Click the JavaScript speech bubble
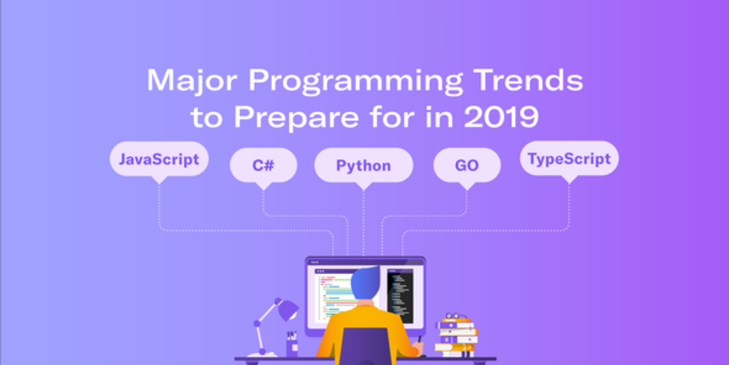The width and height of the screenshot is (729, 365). [x=159, y=159]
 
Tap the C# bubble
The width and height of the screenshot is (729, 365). [x=263, y=165]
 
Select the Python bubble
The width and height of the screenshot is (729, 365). [x=364, y=165]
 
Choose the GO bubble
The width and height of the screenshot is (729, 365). [x=467, y=165]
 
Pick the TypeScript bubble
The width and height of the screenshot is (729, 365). [x=569, y=159]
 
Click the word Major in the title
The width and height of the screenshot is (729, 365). [x=193, y=81]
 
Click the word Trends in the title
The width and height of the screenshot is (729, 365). [x=528, y=80]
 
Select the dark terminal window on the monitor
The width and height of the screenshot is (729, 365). [x=400, y=295]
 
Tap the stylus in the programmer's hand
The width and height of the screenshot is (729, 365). [x=420, y=339]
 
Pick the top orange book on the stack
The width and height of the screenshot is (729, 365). [x=458, y=320]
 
